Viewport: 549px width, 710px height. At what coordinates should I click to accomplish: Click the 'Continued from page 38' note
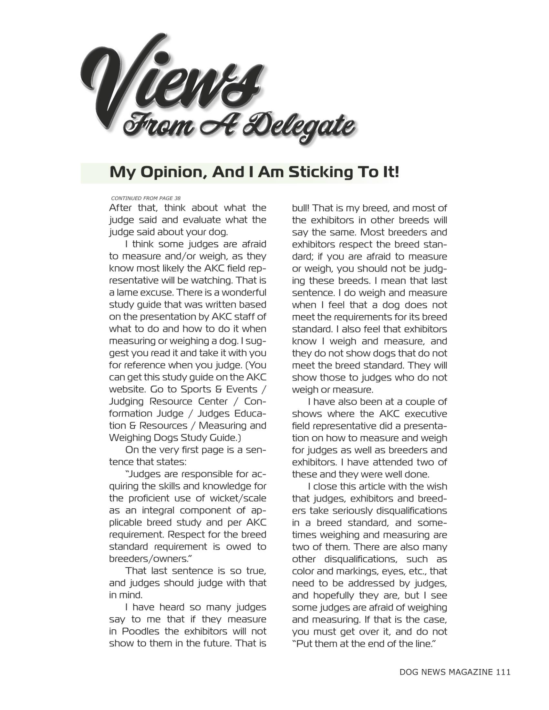[146, 198]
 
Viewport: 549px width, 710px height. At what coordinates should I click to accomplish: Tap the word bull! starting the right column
[302, 208]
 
